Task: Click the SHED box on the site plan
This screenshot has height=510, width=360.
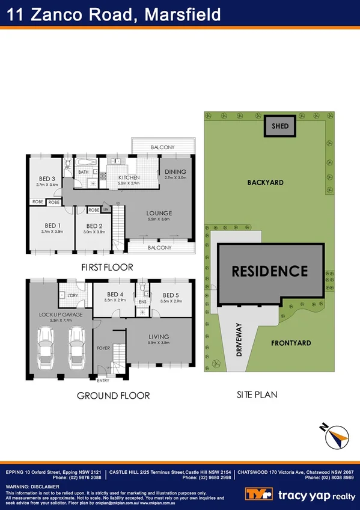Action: pos(280,126)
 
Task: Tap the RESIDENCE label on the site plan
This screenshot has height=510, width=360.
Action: pos(269,271)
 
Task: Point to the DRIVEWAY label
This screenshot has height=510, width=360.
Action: pos(239,340)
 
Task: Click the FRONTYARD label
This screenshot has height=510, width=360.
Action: pos(291,343)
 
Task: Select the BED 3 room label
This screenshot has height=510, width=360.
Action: pos(46,179)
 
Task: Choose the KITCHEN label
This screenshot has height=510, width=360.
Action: pos(129,177)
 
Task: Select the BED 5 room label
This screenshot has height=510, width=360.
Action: pos(171,295)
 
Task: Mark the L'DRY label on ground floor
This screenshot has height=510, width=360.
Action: pos(73,295)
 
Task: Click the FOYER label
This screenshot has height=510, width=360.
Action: pos(103,348)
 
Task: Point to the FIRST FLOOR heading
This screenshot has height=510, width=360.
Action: pos(106,267)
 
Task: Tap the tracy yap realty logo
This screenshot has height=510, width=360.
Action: pos(300,494)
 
